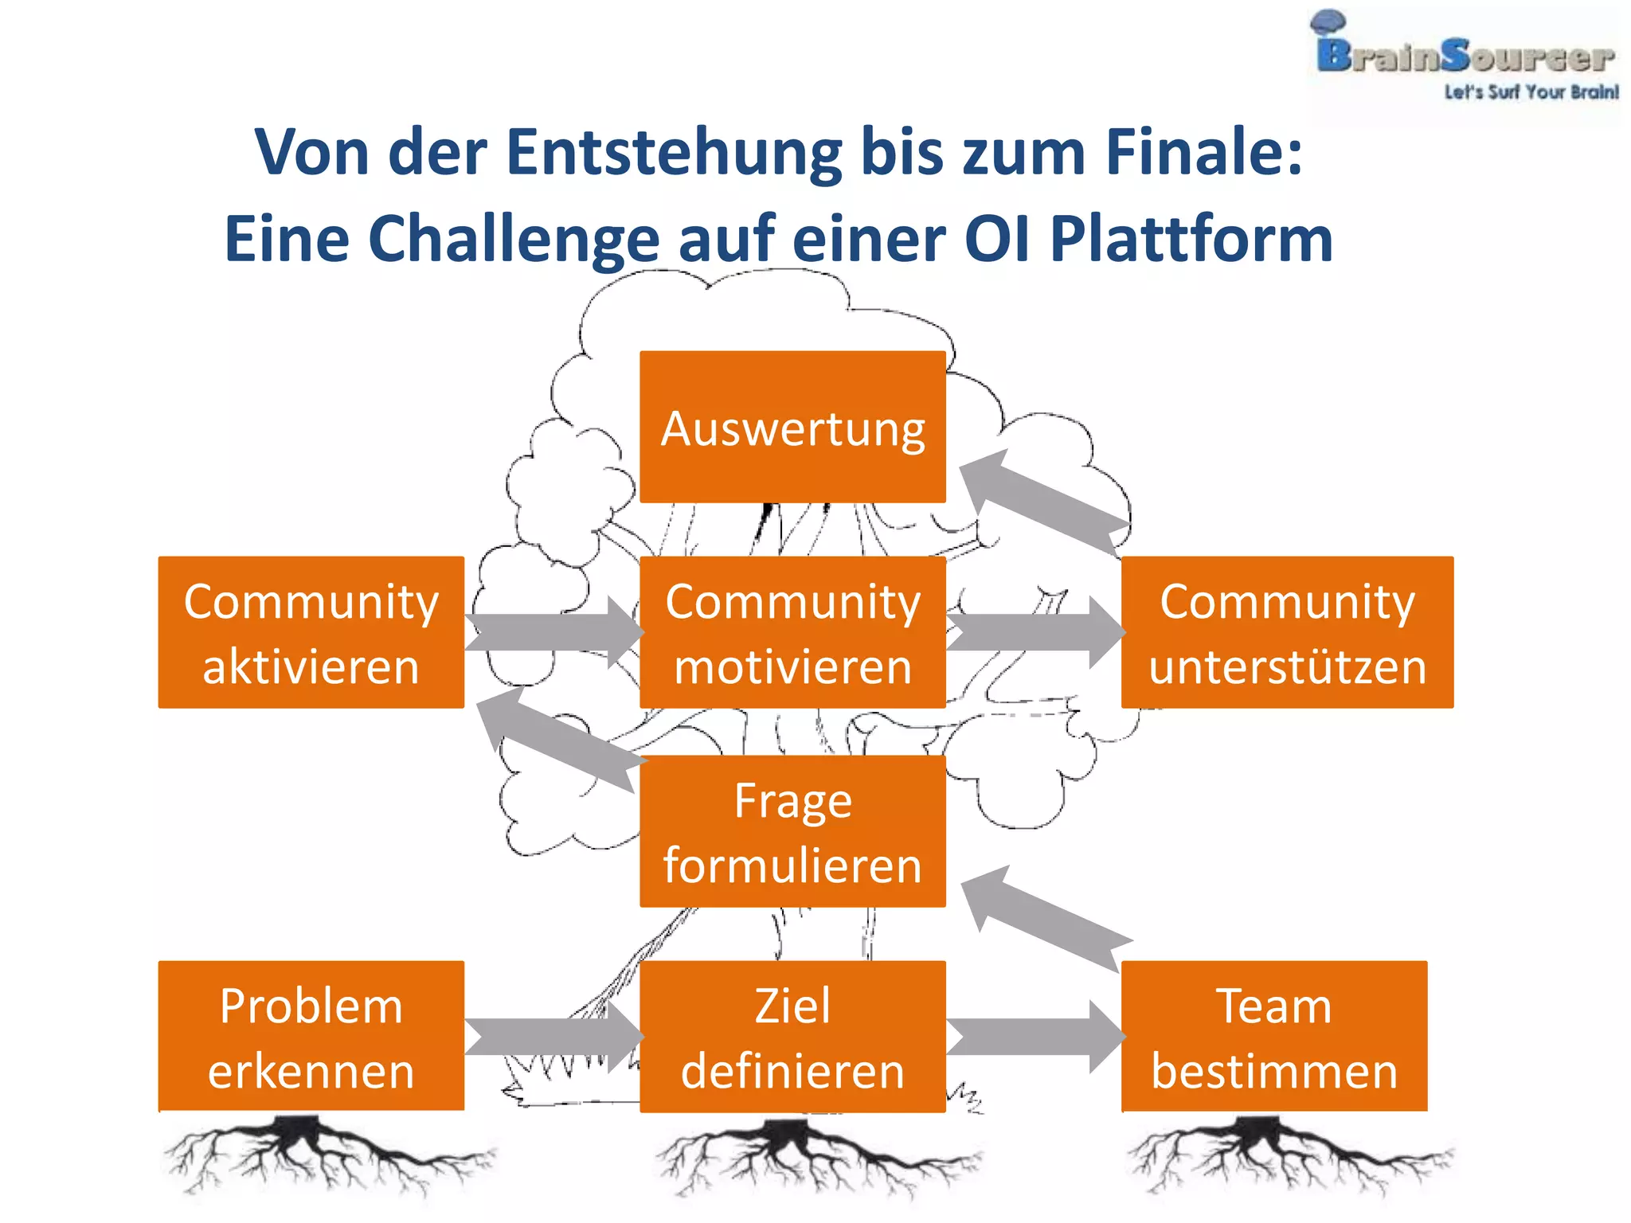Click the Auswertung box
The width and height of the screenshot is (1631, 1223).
[792, 427]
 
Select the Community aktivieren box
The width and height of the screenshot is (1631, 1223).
[311, 632]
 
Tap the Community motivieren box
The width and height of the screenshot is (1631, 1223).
[792, 632]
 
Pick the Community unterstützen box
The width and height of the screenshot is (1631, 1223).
[1287, 632]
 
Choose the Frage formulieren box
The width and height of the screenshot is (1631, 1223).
[792, 831]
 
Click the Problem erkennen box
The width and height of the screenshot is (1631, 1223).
[311, 1036]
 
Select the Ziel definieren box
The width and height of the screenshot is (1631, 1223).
[792, 1036]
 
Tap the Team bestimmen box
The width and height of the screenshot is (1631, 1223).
[1274, 1036]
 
